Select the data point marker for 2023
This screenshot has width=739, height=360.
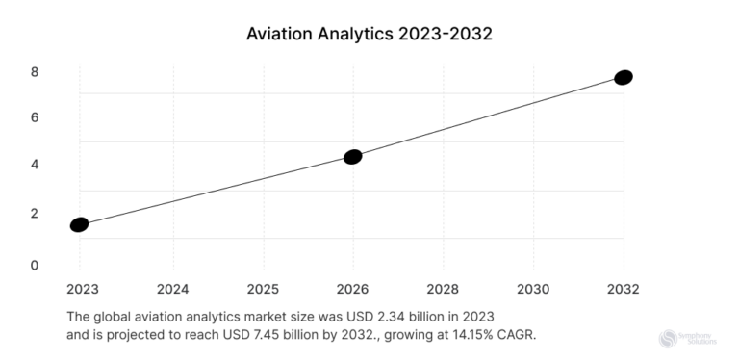pyautogui.click(x=79, y=224)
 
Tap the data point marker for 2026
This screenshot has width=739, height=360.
pyautogui.click(x=352, y=157)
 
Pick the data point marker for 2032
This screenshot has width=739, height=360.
pyautogui.click(x=623, y=77)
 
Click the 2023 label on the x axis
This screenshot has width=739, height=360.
pyautogui.click(x=82, y=288)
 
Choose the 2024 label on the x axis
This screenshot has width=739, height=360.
pyautogui.click(x=173, y=288)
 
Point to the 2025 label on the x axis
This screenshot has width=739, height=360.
pyautogui.click(x=263, y=288)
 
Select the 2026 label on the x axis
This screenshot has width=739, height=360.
pyautogui.click(x=352, y=288)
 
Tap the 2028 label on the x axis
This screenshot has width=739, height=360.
pyautogui.click(x=443, y=288)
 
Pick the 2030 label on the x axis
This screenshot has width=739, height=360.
pyautogui.click(x=533, y=288)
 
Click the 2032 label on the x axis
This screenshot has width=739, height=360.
pyautogui.click(x=623, y=288)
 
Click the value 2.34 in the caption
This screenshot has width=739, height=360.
pyautogui.click(x=395, y=316)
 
